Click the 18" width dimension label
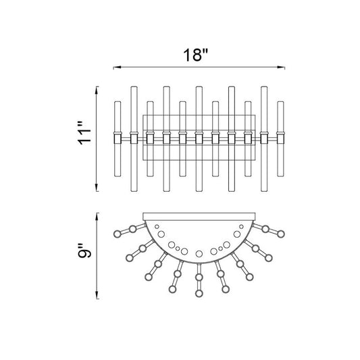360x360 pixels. (x=195, y=55)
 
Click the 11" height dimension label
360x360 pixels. (x=84, y=133)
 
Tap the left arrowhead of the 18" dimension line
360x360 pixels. (x=118, y=68)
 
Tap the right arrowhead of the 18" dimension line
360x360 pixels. (x=281, y=68)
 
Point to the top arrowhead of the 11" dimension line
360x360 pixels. (x=97, y=91)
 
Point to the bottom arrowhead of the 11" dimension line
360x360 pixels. (x=97, y=187)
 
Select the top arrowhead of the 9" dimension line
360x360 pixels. (x=97, y=217)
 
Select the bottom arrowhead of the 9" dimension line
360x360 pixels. (x=97, y=295)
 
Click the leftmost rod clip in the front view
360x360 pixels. (x=118, y=138)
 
